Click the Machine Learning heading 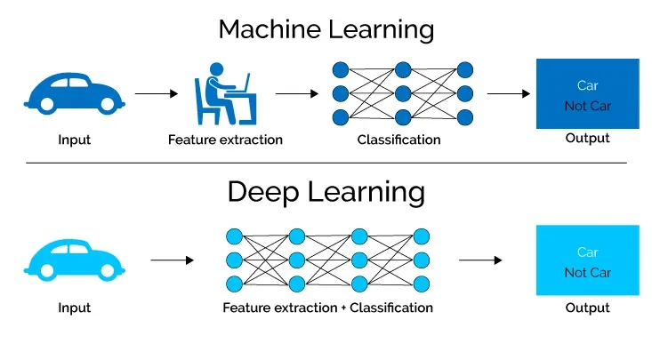pos(326,28)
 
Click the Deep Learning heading pos(326,191)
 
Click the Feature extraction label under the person pos(225,140)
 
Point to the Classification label pos(398,140)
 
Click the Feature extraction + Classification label pos(328,308)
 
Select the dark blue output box pos(587,94)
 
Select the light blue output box pos(587,260)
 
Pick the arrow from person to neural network pos(296,92)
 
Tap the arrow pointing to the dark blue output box pos(509,92)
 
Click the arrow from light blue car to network pos(172,260)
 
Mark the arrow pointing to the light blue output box pos(480,260)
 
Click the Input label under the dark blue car pos(74,140)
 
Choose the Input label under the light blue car pos(74,308)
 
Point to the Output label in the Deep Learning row pos(587,308)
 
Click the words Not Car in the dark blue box pos(587,106)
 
